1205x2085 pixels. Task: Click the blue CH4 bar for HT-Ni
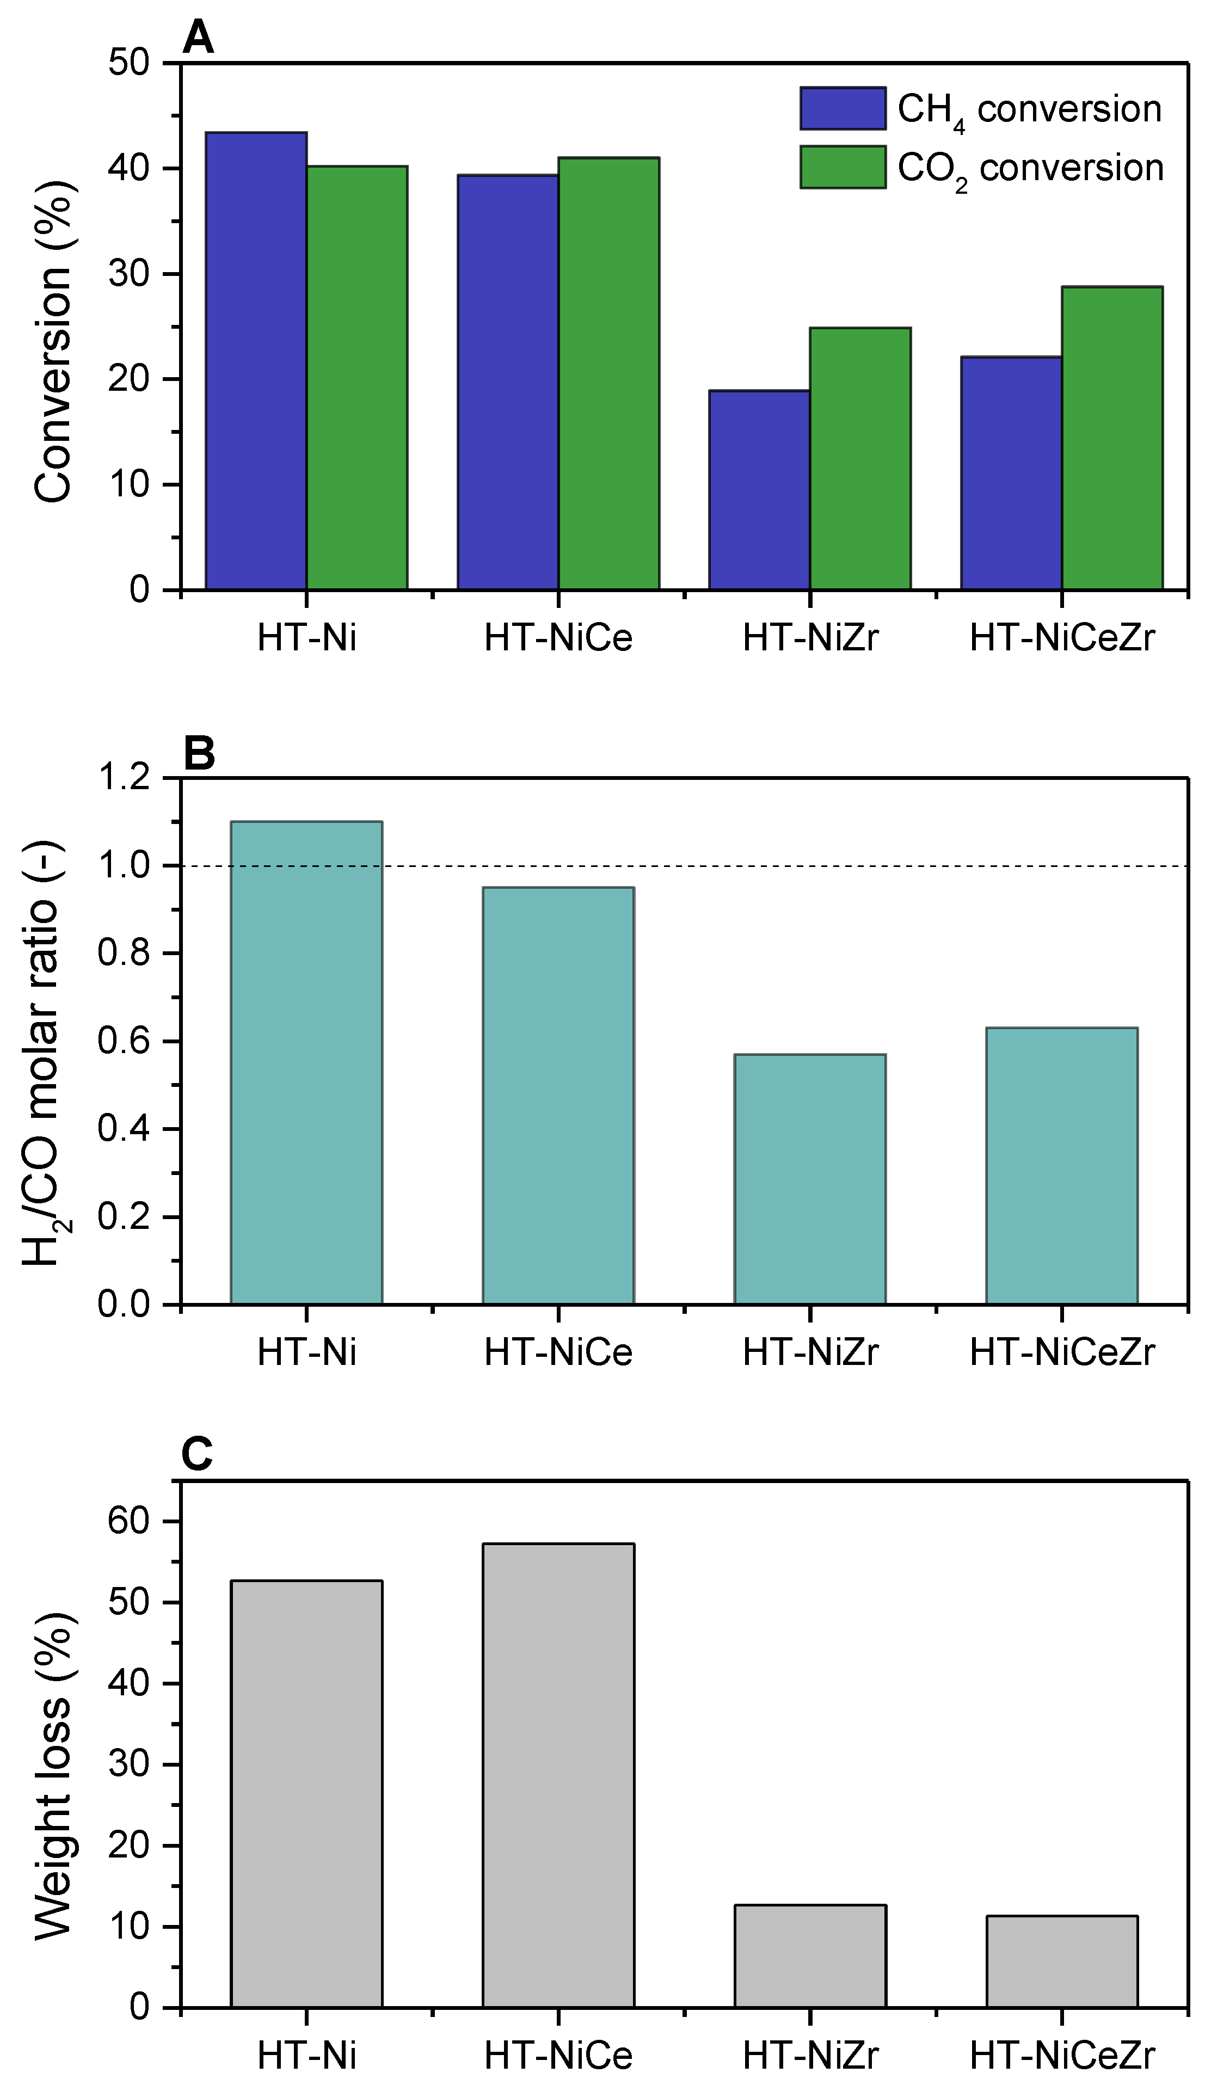click(x=256, y=361)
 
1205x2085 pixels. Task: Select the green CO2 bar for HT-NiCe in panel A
click(x=608, y=373)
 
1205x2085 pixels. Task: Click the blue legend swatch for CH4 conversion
click(x=843, y=108)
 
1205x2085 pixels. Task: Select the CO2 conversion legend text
click(x=1030, y=169)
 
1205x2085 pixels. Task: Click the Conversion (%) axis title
click(x=53, y=341)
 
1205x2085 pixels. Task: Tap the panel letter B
click(x=199, y=754)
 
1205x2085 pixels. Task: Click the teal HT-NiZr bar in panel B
click(x=809, y=1179)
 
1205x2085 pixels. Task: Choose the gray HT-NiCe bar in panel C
click(x=558, y=1775)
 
